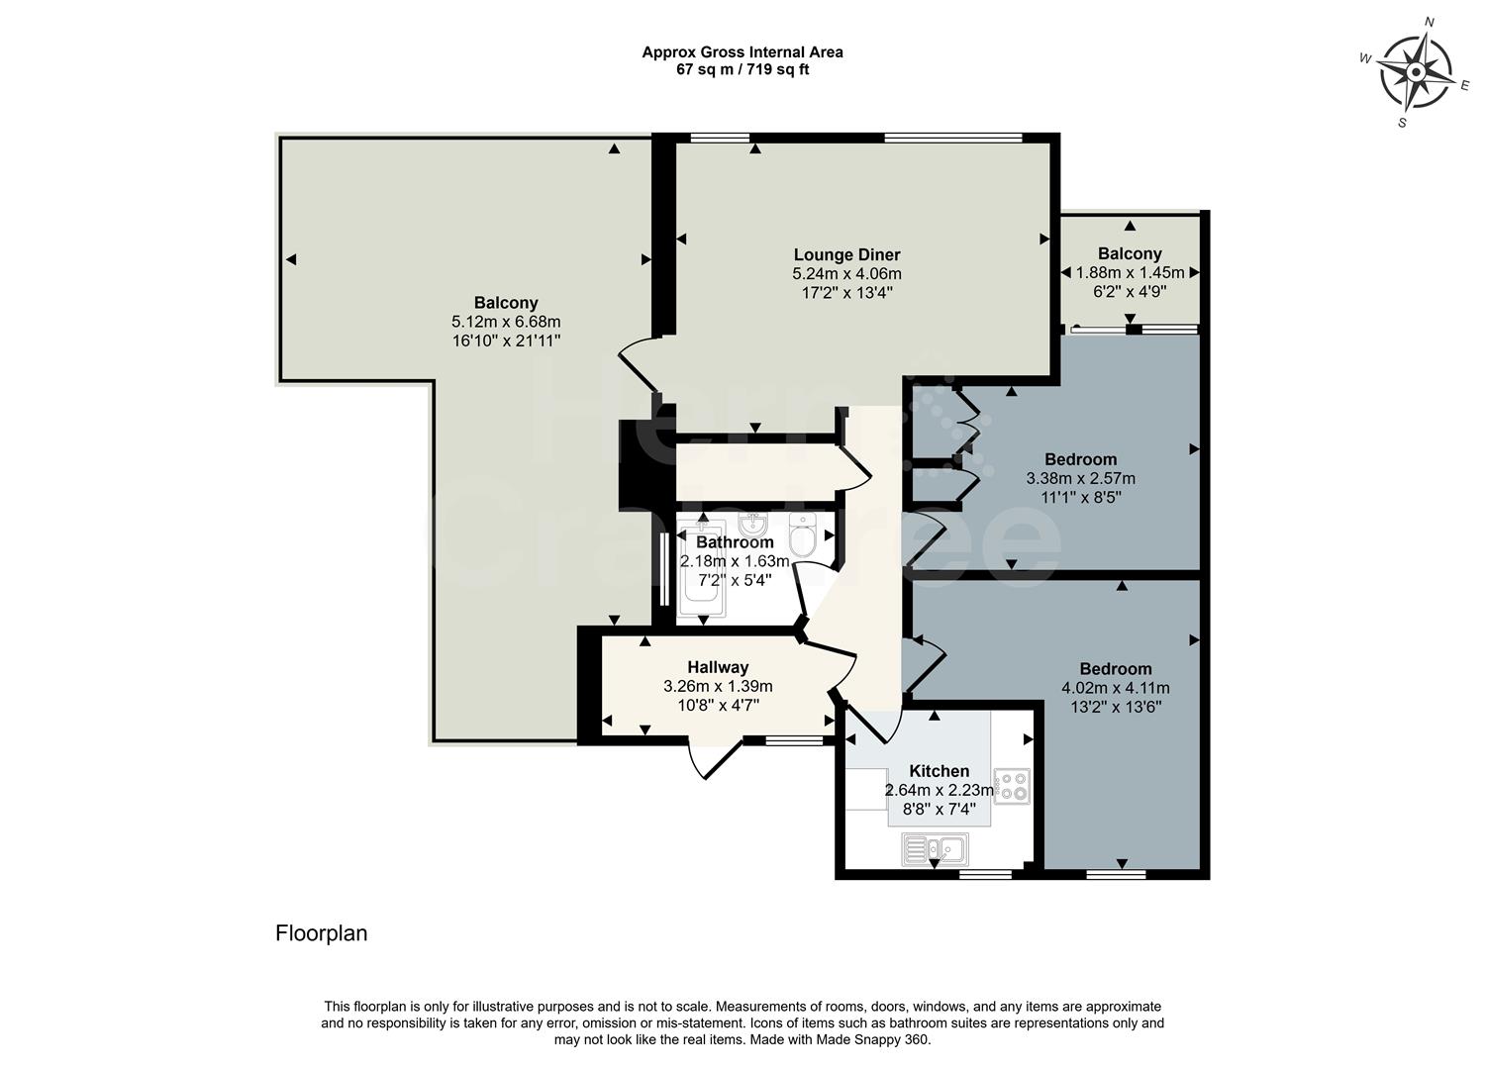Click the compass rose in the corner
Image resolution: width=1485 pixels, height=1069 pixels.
pos(1415,72)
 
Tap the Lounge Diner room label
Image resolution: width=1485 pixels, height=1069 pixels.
pos(846,255)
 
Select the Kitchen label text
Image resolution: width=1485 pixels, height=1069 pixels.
pos(939,771)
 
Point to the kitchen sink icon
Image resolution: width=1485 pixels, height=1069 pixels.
pos(936,848)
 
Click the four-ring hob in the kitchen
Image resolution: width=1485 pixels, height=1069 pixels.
pos(1011,786)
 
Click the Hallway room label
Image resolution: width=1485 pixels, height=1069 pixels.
pos(718,667)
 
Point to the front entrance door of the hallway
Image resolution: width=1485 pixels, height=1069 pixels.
pos(715,760)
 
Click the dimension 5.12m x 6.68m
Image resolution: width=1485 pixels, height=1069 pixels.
pos(506,322)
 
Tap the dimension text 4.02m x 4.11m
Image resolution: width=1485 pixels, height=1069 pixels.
pos(1115,688)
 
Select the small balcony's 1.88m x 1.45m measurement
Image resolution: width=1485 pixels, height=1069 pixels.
pos(1130,272)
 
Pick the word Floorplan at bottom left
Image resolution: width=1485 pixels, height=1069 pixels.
pos(321,933)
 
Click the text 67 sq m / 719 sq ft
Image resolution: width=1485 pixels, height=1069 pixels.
pos(742,70)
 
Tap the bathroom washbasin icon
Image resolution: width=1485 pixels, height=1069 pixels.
pos(752,524)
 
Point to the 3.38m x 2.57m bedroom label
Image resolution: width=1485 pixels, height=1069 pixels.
pos(1080,478)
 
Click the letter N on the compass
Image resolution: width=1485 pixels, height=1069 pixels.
pos(1429,22)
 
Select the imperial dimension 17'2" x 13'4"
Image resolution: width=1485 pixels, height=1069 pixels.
pos(846,293)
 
